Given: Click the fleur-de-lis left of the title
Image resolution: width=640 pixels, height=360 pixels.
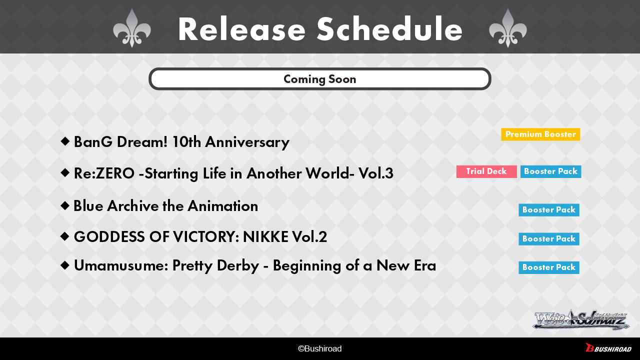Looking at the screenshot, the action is tap(131, 28).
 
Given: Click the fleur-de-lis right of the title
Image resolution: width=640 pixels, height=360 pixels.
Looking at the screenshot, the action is tap(507, 28).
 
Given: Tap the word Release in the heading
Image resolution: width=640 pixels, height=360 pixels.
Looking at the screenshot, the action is tap(241, 29).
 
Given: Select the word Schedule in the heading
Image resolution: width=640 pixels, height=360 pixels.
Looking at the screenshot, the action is tap(389, 29).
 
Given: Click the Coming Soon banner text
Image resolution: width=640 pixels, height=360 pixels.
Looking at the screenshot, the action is tap(319, 79).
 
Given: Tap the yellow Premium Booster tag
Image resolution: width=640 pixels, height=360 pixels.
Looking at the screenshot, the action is tap(540, 134).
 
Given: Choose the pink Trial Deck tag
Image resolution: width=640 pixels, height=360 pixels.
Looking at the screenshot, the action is tap(486, 171).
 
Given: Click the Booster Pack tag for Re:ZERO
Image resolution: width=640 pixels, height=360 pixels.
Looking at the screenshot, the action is tap(550, 171).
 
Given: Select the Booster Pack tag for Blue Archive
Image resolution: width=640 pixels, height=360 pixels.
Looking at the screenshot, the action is tap(549, 210).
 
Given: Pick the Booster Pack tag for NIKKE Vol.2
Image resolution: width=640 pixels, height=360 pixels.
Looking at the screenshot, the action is tap(549, 239).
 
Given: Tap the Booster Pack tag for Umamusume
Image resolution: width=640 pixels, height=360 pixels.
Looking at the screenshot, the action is tap(549, 267).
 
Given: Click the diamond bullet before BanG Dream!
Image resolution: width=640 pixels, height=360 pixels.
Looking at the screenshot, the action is tap(65, 141).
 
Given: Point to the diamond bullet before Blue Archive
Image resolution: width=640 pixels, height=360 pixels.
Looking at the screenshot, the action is tap(65, 205).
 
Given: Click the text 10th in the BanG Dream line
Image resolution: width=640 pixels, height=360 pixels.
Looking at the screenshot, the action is tap(186, 142).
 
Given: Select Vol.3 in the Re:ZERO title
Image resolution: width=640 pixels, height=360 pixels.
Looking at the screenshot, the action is tap(375, 173).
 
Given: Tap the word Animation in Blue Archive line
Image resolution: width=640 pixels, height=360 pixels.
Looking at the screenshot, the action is tap(223, 206).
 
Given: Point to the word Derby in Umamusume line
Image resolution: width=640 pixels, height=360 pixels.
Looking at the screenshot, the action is tap(238, 266).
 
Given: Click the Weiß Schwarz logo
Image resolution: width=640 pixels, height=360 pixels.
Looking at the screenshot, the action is tap(581, 320).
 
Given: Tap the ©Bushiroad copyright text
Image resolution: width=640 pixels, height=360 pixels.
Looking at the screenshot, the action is tap(319, 348).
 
